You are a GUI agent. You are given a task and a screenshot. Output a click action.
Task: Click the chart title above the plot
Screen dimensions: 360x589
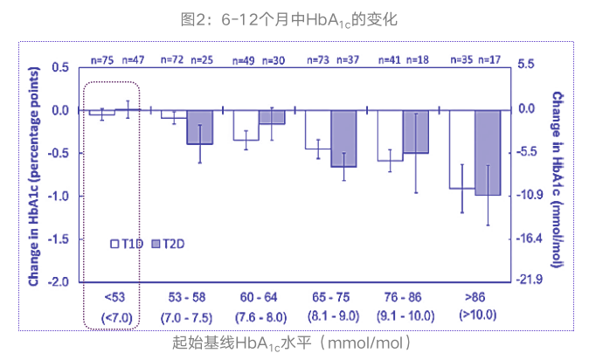[294, 17]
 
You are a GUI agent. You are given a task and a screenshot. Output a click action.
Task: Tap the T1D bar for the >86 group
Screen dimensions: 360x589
[461, 149]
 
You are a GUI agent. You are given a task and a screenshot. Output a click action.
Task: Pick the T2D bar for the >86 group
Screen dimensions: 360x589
[488, 152]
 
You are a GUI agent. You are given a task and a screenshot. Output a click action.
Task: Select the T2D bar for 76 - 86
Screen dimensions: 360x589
[416, 131]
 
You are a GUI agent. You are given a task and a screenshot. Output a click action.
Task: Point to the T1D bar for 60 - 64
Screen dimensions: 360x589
[246, 125]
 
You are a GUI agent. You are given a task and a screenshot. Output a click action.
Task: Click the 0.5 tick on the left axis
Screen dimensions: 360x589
[60, 66]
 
